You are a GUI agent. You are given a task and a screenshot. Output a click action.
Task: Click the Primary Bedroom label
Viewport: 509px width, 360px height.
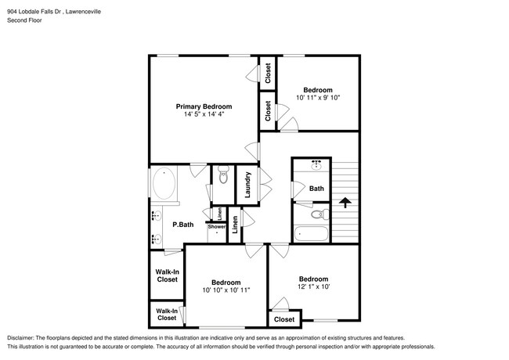point(204,106)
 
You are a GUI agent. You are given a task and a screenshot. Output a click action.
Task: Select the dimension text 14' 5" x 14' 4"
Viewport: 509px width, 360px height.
point(204,115)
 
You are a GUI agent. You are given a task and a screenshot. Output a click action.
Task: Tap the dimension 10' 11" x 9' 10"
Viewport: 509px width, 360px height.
point(318,98)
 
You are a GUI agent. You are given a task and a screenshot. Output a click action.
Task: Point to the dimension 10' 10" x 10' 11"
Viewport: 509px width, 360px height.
point(226,290)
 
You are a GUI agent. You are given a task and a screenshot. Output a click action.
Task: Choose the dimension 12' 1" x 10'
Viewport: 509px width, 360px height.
point(313,287)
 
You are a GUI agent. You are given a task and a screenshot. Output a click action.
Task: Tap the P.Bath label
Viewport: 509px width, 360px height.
point(183,225)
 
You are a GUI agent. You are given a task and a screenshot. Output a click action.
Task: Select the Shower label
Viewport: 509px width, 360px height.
point(217,227)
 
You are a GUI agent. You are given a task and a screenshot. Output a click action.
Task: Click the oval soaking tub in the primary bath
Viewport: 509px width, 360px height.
point(164,185)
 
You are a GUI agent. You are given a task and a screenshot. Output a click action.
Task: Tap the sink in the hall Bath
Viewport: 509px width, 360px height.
point(316,165)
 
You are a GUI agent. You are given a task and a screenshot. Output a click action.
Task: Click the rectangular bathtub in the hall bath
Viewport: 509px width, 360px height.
point(312,233)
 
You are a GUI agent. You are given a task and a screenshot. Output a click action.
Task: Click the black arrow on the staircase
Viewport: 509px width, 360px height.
point(343,202)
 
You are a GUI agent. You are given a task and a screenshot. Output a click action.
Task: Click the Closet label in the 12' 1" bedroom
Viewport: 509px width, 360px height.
point(284,319)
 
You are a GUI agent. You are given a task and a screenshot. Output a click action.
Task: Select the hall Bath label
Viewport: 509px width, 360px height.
point(316,189)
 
